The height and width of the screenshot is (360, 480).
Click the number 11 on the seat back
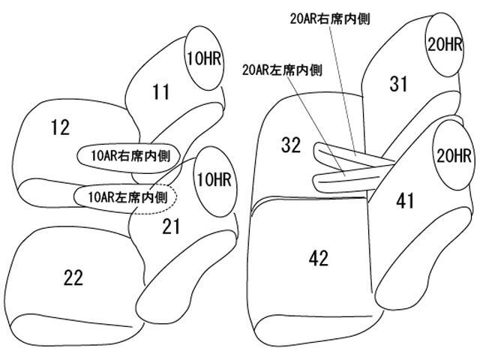point(160,92)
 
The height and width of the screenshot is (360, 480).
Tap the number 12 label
point(60,128)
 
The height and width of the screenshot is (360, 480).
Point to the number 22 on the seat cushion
point(73,277)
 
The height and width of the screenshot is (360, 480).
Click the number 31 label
point(398,85)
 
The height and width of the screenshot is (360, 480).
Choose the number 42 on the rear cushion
point(318,259)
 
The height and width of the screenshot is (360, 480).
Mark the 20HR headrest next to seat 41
point(453,156)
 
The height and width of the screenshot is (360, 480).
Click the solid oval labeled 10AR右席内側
point(125,156)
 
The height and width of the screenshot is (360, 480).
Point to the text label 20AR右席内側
point(331,17)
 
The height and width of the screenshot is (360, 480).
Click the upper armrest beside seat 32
point(352,155)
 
